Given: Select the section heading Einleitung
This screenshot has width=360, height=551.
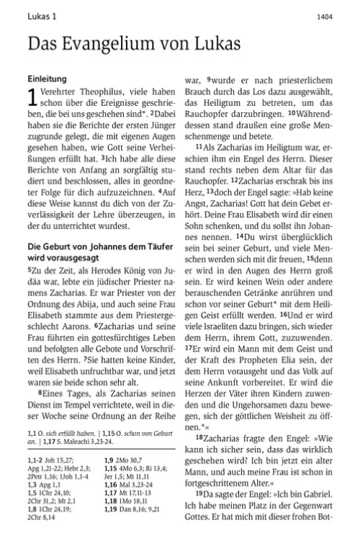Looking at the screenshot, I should pyautogui.click(x=47, y=77).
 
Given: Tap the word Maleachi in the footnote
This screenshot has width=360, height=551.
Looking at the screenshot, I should pyautogui.click(x=94, y=442).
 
